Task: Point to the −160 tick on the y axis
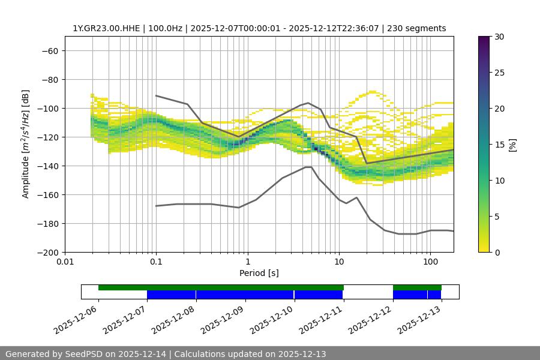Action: pyautogui.click(x=47, y=194)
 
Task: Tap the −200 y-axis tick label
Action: pyautogui.click(x=47, y=252)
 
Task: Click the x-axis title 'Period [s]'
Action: pyautogui.click(x=259, y=273)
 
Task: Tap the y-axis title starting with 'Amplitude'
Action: pyautogui.click(x=26, y=144)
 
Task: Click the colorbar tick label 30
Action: pyautogui.click(x=499, y=37)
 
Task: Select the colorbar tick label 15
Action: pyautogui.click(x=499, y=145)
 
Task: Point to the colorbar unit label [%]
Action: pyautogui.click(x=512, y=145)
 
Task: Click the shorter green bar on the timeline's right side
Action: pyautogui.click(x=417, y=287)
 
